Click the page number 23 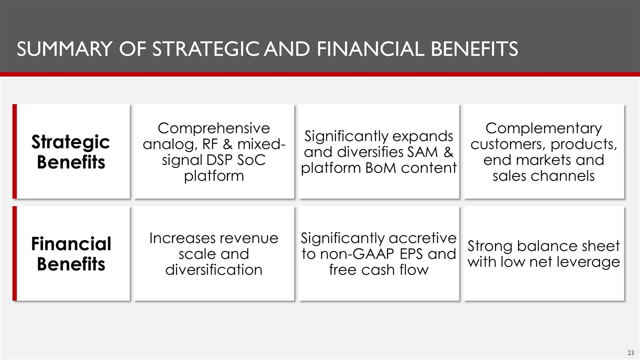[x=631, y=352]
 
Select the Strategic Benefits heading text [x=70, y=152]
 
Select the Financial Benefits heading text [x=70, y=254]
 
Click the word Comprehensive [x=214, y=128]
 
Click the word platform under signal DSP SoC [x=214, y=176]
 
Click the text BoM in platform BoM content [x=375, y=168]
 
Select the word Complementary [x=543, y=128]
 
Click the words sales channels [x=543, y=176]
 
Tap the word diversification [x=214, y=270]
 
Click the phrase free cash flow [x=378, y=270]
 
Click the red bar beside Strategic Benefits [x=14, y=151]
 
